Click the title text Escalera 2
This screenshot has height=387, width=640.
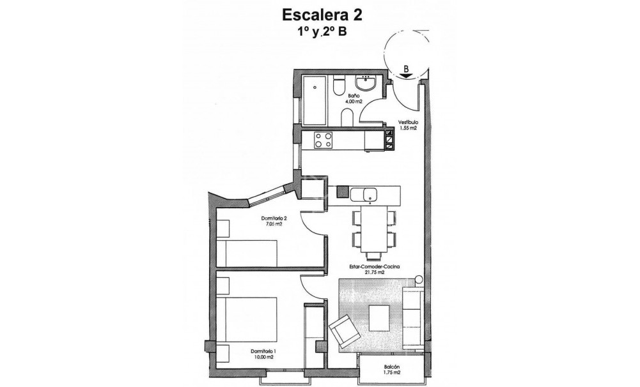(x=320, y=13)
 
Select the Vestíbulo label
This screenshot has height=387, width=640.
(x=409, y=122)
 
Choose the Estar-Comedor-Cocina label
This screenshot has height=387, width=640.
(x=365, y=267)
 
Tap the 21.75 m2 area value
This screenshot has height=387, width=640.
(x=365, y=273)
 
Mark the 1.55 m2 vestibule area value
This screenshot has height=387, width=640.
(x=409, y=128)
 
